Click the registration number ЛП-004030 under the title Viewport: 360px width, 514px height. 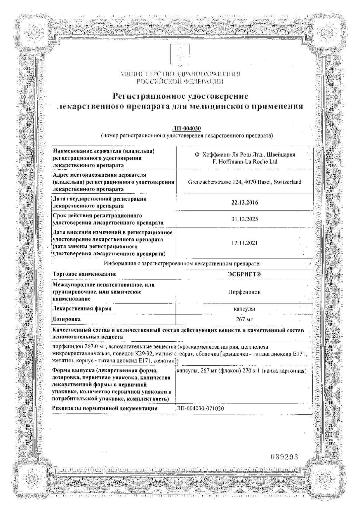coord(186,129)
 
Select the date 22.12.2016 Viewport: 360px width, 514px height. coord(245,202)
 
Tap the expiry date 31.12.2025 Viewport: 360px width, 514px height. coord(245,219)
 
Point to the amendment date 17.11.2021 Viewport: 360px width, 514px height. coord(245,243)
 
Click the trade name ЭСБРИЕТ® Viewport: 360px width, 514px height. coord(245,274)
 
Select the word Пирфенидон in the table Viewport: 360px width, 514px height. coord(245,292)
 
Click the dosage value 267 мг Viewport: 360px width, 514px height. coord(244,319)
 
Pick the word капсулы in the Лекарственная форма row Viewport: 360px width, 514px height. coord(244,309)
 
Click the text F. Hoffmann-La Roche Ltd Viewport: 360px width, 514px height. coord(245,162)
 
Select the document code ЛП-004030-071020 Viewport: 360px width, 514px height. coord(200,409)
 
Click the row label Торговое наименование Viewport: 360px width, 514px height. coord(84,274)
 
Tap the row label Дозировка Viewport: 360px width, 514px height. coord(67,319)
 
